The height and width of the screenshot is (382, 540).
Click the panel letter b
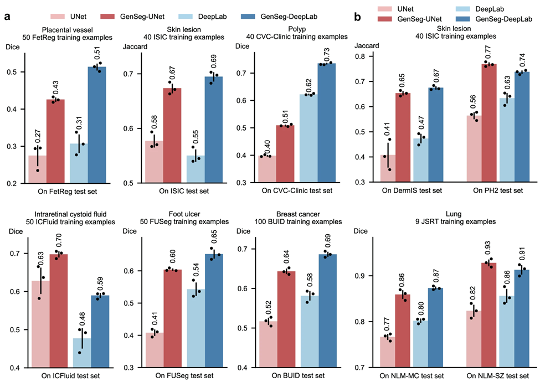[358, 17]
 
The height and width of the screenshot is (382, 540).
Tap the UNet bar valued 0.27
[37, 169]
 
